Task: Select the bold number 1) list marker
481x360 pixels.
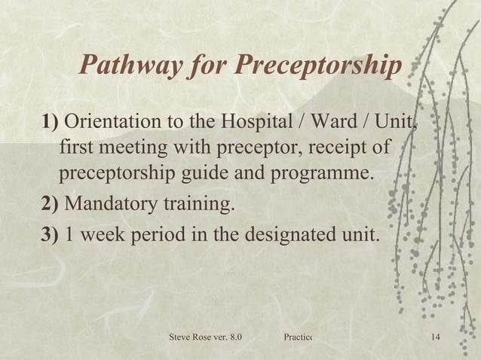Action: (x=51, y=122)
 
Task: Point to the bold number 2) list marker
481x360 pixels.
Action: (x=51, y=204)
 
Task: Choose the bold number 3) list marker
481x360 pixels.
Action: (x=51, y=232)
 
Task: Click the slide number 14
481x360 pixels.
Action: (x=433, y=335)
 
